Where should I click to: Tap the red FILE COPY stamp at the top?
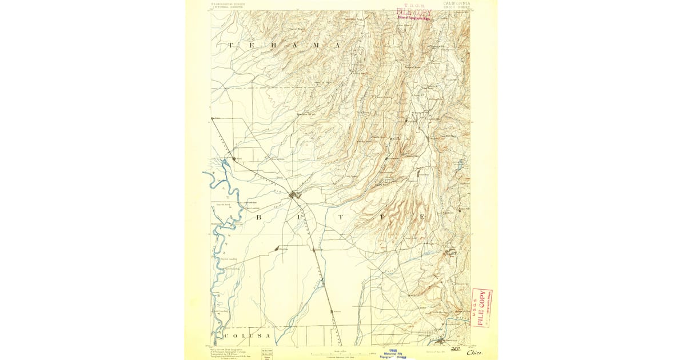(414, 12)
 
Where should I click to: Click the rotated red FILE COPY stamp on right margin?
(481, 307)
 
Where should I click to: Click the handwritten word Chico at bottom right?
(475, 353)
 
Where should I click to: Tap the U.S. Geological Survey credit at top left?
(228, 5)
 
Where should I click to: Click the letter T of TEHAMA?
(231, 45)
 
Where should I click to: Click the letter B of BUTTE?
(258, 218)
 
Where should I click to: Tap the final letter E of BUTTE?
(422, 218)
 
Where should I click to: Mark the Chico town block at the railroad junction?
(295, 195)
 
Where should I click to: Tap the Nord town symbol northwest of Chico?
(233, 158)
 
